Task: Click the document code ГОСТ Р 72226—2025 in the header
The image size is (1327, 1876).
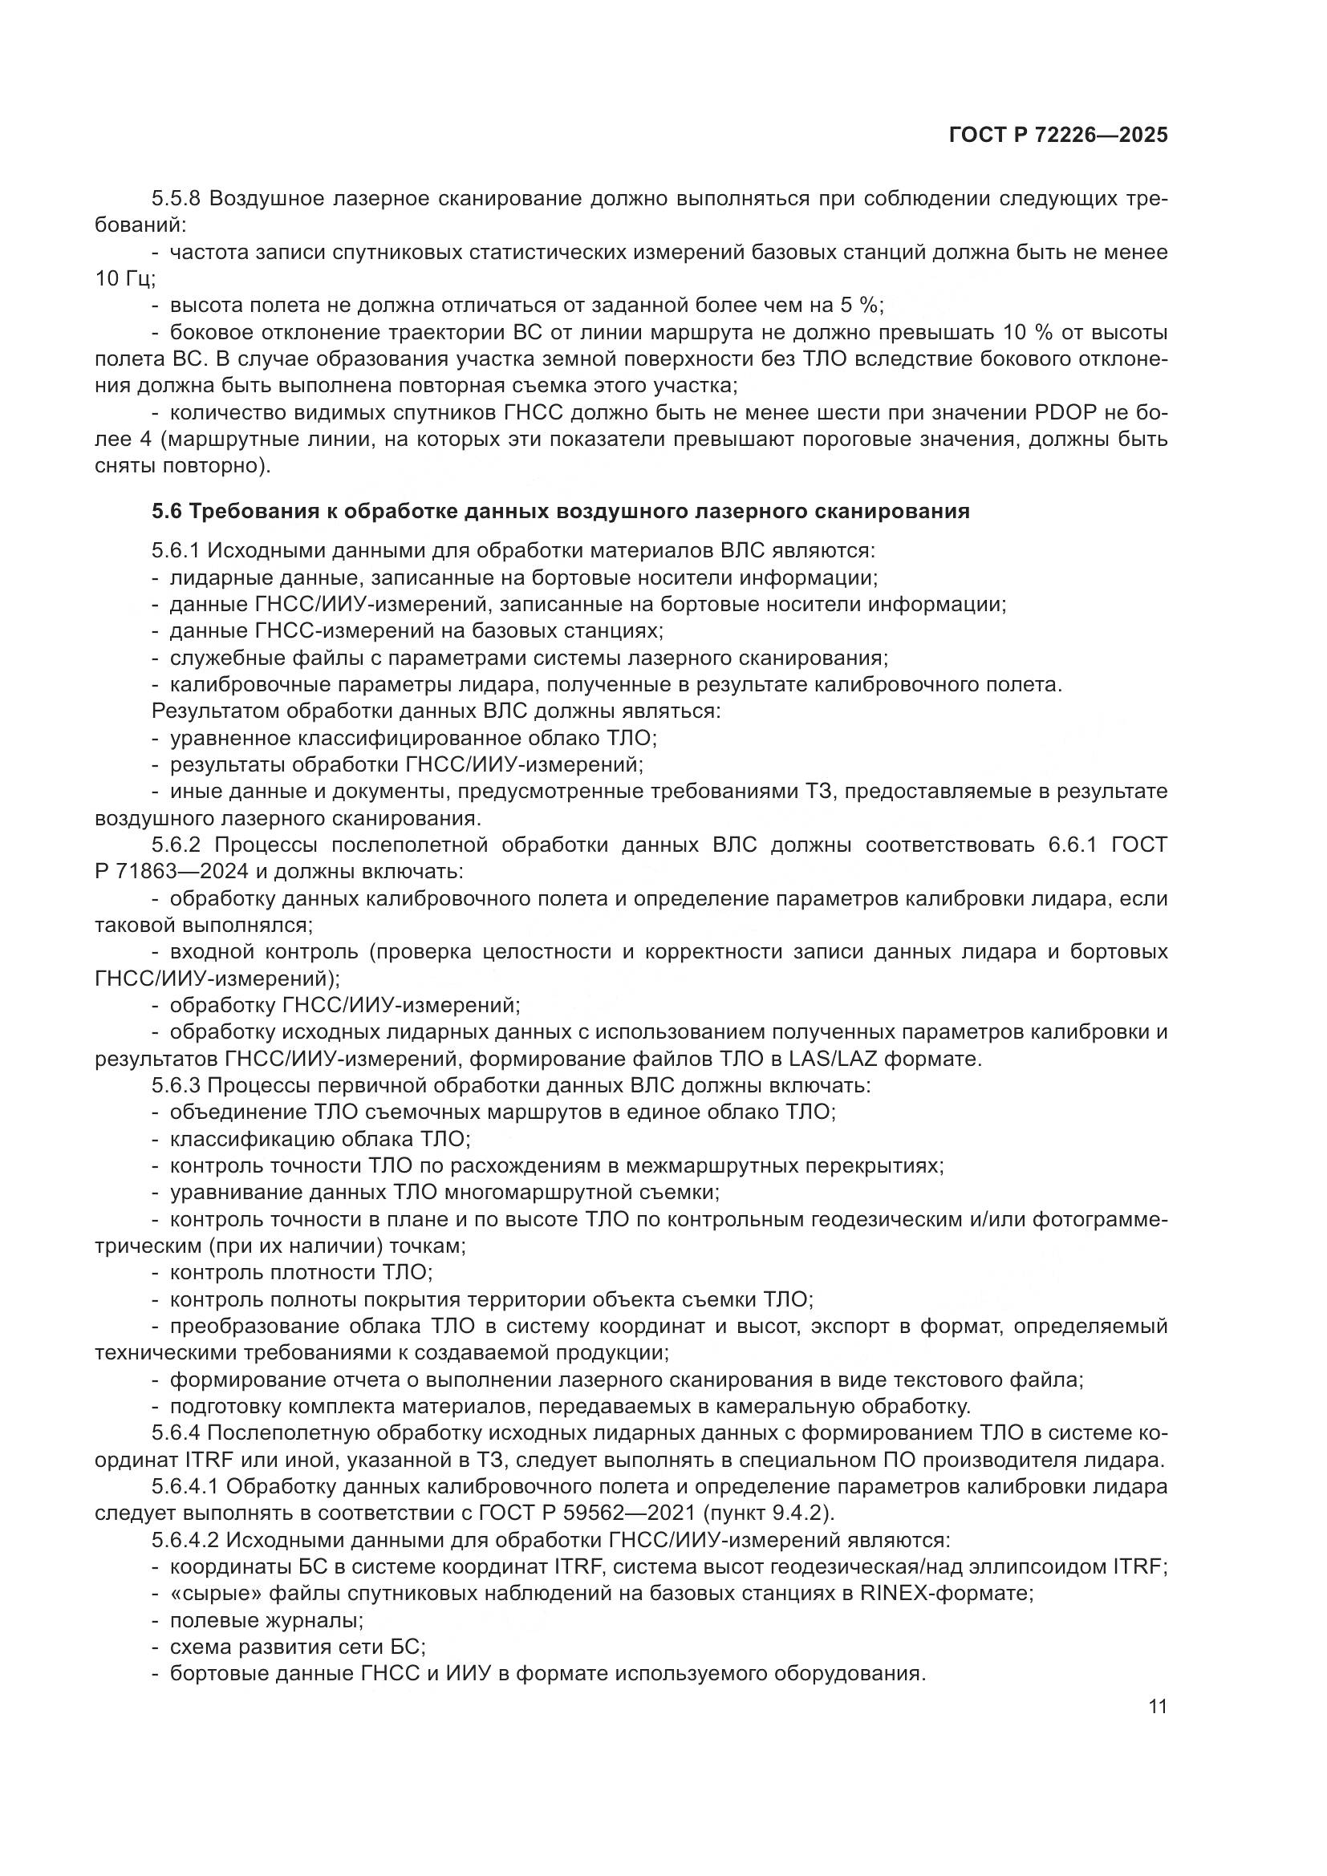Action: (1058, 136)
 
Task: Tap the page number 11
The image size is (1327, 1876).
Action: (1157, 1706)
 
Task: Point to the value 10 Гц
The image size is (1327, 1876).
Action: (124, 279)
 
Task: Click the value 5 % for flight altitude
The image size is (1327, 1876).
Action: (858, 306)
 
